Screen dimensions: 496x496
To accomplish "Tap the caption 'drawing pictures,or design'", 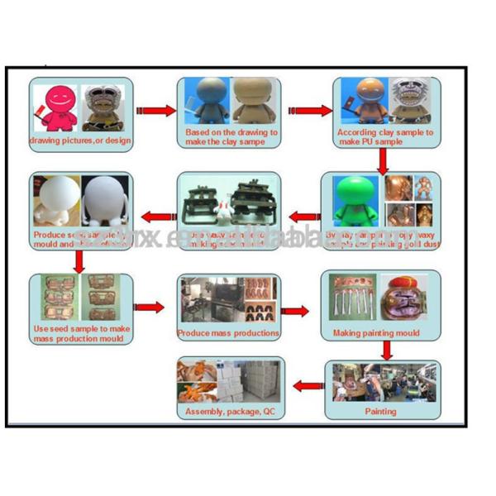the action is [80, 140].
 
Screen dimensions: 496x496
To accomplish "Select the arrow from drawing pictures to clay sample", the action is [155, 110].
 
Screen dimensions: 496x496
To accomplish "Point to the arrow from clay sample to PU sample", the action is [305, 110].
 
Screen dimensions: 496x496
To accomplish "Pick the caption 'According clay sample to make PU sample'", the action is [385, 137].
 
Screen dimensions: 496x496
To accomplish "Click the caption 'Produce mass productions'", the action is [228, 333].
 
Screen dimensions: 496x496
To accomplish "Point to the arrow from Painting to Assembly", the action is [308, 384].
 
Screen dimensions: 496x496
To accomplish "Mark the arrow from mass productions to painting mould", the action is [296, 311].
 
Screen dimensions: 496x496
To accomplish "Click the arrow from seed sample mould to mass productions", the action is [150, 308].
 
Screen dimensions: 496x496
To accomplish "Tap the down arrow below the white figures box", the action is [79, 261].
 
